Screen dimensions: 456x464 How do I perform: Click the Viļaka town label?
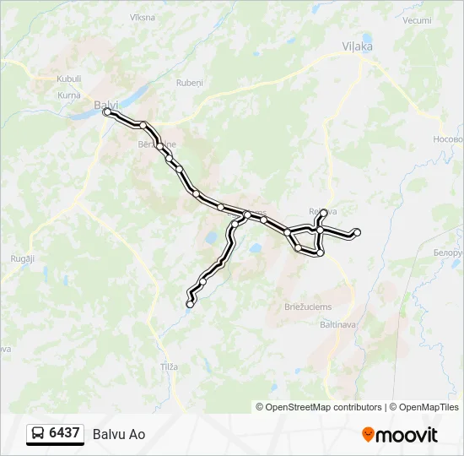[x=358, y=46]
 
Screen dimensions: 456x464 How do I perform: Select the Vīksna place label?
[x=143, y=17]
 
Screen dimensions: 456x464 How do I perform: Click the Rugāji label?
[x=22, y=258]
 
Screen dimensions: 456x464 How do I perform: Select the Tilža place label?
[x=170, y=366]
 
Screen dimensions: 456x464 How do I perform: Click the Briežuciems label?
[x=308, y=307]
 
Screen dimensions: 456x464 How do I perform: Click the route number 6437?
[x=64, y=433]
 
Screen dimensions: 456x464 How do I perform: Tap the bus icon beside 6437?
[x=38, y=434]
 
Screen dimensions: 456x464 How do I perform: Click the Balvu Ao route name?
[x=119, y=434]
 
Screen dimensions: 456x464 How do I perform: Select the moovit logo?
[x=400, y=434]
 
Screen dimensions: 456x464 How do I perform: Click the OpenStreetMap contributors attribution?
[x=324, y=407]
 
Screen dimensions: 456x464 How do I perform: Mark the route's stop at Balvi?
[x=106, y=111]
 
